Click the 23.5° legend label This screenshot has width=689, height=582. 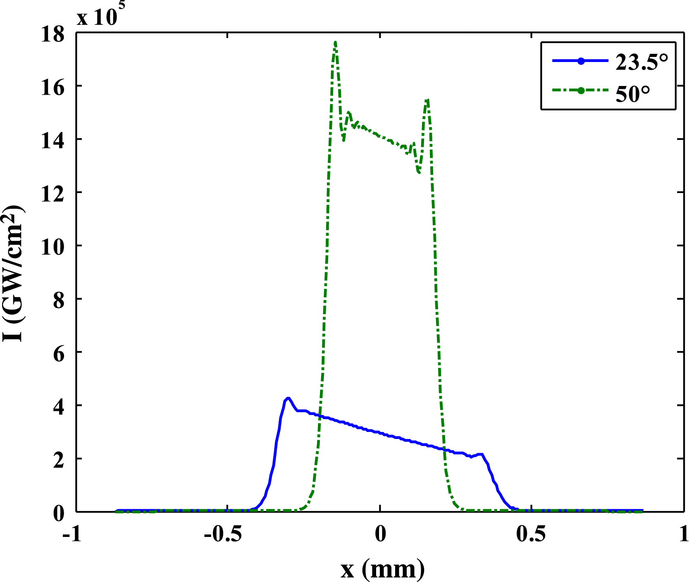pyautogui.click(x=641, y=62)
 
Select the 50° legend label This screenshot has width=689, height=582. pyautogui.click(x=633, y=94)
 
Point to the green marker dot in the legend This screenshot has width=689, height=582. pyautogui.click(x=581, y=91)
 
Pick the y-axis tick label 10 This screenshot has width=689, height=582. pyautogui.click(x=52, y=247)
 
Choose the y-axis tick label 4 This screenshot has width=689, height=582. pyautogui.click(x=59, y=407)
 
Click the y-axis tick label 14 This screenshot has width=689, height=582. pyautogui.click(x=52, y=141)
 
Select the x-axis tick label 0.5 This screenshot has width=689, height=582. pyautogui.click(x=531, y=534)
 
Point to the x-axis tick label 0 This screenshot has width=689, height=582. pyautogui.click(x=380, y=534)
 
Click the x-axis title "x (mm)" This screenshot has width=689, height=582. pyautogui.click(x=383, y=570)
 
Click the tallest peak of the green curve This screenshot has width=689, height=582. pyautogui.click(x=335, y=42)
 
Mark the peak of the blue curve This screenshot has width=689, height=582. pyautogui.click(x=288, y=398)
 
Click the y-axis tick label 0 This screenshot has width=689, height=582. pyautogui.click(x=59, y=513)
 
